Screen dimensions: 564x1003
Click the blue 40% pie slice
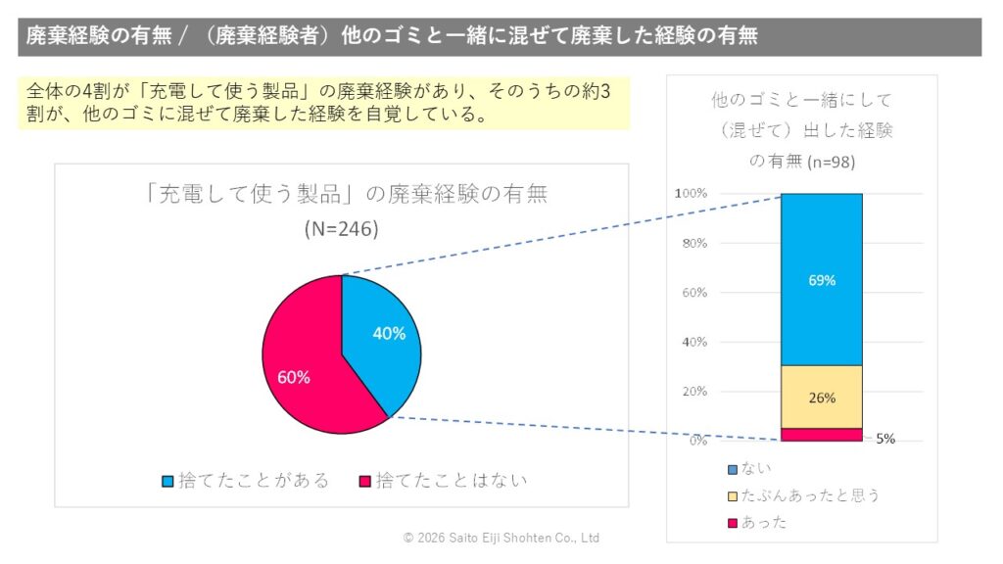(382, 338)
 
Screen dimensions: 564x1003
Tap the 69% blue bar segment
(821, 279)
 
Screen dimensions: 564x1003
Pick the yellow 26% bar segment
(821, 397)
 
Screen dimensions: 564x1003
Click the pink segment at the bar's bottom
(821, 435)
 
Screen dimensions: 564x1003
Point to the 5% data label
(885, 440)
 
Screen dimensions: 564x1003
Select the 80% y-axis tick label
(693, 243)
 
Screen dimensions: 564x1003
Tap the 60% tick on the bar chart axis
(693, 293)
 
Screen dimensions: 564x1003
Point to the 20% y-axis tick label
(693, 392)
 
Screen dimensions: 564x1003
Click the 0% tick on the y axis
(696, 441)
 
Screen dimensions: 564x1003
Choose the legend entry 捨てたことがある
(245, 481)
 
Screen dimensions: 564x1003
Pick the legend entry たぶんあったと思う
(802, 495)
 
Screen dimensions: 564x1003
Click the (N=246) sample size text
(341, 229)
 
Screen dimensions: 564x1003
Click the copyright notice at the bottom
(501, 539)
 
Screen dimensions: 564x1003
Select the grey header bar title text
(392, 36)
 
